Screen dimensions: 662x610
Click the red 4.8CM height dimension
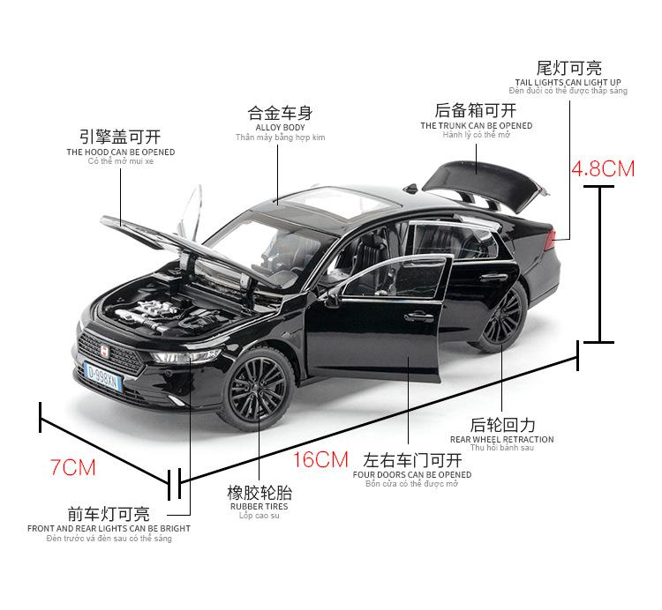(603, 167)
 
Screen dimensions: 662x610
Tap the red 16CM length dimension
(320, 459)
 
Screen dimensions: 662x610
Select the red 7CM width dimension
(72, 467)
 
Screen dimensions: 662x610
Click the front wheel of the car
(258, 388)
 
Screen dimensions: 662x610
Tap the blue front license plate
(103, 372)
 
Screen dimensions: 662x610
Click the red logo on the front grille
(102, 350)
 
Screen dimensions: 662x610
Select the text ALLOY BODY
(280, 127)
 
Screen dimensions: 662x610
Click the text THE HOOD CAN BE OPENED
(120, 152)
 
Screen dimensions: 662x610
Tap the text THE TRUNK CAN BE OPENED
(476, 125)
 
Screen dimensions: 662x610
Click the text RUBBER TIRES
(259, 507)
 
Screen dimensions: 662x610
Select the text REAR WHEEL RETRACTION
(501, 439)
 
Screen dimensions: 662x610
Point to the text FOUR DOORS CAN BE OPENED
(412, 474)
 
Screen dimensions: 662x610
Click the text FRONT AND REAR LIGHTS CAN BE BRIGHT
(109, 529)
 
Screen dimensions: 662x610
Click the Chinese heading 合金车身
(280, 114)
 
